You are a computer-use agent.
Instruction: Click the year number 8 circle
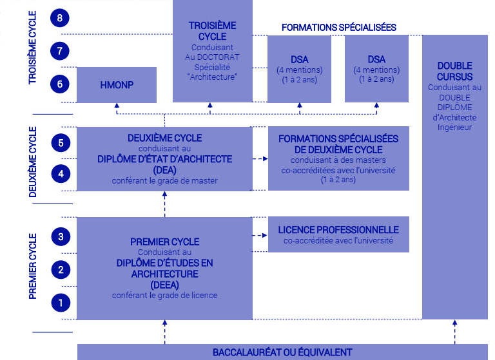tap(60, 19)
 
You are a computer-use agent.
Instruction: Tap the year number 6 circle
tap(60, 84)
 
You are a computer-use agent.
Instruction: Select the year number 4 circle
tap(60, 174)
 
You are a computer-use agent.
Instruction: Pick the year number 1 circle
tap(60, 301)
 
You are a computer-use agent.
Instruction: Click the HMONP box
tap(116, 84)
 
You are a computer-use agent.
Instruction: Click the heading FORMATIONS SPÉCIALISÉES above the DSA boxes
tap(338, 27)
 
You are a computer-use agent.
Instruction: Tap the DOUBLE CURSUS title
tap(454, 71)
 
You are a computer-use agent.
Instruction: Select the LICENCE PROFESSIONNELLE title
tap(338, 230)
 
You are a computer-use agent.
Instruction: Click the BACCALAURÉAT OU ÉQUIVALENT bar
tap(282, 352)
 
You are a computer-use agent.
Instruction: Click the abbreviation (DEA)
tap(164, 169)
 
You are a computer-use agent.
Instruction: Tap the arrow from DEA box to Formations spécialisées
tap(260, 158)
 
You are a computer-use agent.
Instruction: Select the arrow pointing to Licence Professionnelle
tap(260, 234)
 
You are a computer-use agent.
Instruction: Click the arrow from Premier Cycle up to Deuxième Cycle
tap(164, 204)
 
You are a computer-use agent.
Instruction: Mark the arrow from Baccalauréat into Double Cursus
tap(454, 331)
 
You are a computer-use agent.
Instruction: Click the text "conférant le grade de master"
tap(164, 181)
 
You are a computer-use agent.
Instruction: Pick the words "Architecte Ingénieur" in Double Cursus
tap(454, 122)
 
